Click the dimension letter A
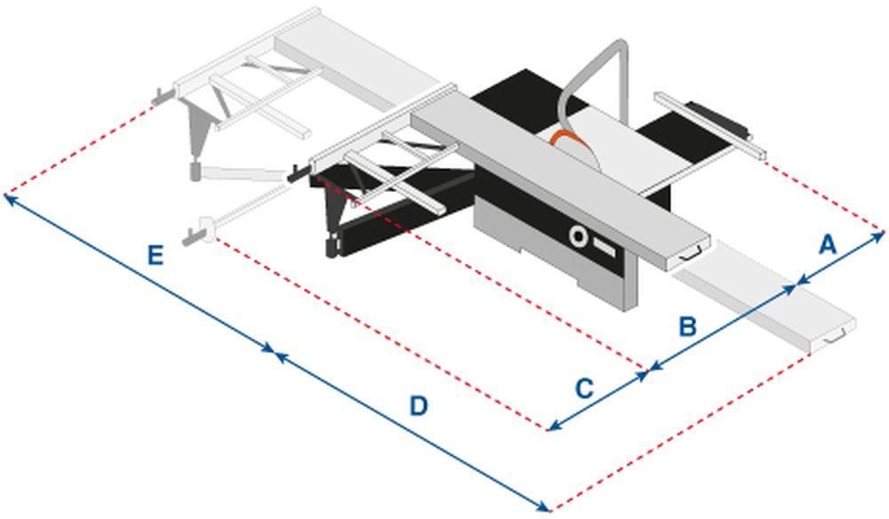coord(828,244)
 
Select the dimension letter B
coord(687,326)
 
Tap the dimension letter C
coord(583,388)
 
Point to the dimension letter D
coord(419,406)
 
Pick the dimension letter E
coord(155,257)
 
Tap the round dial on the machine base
coord(579,236)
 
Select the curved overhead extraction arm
coord(590,71)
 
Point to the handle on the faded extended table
coord(836,336)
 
